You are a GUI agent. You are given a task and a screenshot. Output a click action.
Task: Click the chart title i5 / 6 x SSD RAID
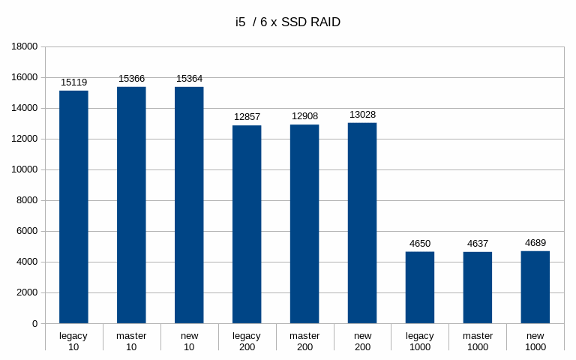tap(288, 22)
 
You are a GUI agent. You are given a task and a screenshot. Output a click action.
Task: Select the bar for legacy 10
tap(73, 207)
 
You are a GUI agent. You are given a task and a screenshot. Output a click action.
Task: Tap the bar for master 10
tap(131, 205)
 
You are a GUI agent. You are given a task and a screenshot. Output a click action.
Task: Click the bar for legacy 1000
tap(420, 288)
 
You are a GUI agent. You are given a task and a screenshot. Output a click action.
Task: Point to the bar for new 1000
tap(535, 287)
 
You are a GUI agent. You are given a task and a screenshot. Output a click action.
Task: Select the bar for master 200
tap(304, 224)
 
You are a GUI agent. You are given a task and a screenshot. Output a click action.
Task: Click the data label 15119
tap(73, 82)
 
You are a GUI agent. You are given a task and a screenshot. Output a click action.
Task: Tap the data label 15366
tap(131, 79)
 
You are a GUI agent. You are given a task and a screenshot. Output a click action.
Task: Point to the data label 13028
tap(362, 115)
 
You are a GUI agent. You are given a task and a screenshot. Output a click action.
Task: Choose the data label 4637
tap(478, 244)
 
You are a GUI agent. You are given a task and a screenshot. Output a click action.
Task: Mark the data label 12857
tap(247, 117)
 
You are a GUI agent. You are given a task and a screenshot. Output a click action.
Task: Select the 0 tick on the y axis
tap(34, 324)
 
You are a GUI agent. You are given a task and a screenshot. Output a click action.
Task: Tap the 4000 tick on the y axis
tap(27, 262)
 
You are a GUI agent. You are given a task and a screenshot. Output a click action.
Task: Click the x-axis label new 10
tap(189, 341)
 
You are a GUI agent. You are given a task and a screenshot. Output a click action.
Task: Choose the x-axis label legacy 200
tap(247, 341)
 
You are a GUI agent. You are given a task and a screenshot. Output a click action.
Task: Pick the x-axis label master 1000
tap(478, 341)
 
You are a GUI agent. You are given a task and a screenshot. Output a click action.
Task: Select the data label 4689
tap(535, 243)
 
